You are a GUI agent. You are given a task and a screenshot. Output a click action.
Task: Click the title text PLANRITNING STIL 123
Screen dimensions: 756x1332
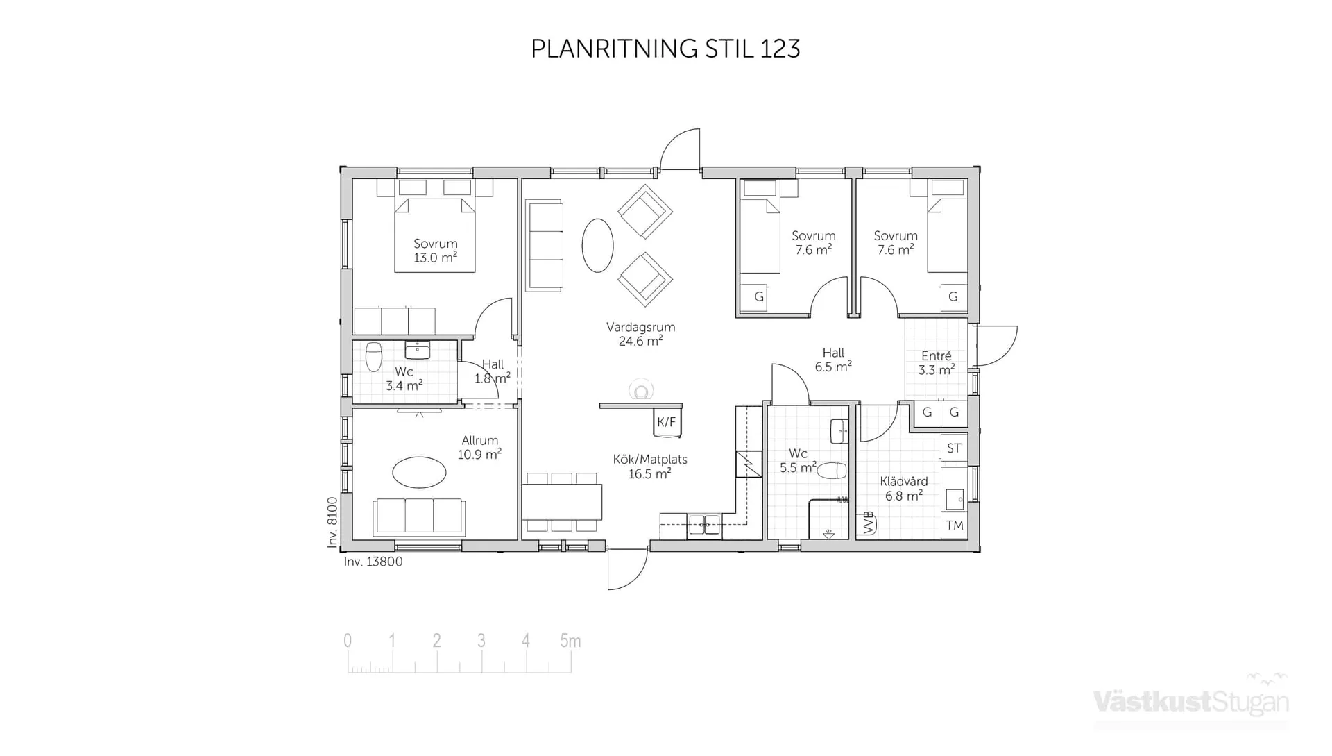[x=665, y=49]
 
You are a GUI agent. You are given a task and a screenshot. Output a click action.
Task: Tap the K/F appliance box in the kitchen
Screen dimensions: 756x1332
[x=667, y=422]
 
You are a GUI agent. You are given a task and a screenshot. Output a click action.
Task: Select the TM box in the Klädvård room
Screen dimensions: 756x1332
[x=954, y=526]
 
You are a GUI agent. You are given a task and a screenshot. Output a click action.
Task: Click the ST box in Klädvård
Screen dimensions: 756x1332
[x=954, y=448]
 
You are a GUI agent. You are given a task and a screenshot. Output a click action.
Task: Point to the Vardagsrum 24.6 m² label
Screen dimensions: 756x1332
[x=640, y=334]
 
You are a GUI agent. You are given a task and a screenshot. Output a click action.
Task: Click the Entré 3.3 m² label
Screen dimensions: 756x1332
[x=936, y=363]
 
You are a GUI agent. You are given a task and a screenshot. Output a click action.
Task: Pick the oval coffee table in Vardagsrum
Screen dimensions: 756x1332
[x=597, y=245]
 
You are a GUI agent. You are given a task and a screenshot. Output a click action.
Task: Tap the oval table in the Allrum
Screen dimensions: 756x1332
[x=419, y=473]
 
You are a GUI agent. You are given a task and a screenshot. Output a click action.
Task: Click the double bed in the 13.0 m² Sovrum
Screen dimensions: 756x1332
[x=435, y=235]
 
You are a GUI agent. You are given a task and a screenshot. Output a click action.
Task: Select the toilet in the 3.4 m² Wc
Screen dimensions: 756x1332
[x=374, y=357]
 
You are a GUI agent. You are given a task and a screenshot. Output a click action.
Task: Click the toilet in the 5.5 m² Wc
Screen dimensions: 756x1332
[x=831, y=471]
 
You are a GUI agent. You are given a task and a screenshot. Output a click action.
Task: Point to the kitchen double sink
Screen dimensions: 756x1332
[x=704, y=526]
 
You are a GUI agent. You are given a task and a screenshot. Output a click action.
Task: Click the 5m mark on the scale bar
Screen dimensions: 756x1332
[x=570, y=641]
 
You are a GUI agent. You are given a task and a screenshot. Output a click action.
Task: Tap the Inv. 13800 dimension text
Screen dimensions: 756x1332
[x=373, y=562]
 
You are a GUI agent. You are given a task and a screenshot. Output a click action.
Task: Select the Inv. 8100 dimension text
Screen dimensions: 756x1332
[x=332, y=522]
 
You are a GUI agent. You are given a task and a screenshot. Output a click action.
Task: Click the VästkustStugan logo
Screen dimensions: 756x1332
[x=1190, y=701]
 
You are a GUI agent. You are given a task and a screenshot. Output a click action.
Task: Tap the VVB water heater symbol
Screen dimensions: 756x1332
[x=867, y=523]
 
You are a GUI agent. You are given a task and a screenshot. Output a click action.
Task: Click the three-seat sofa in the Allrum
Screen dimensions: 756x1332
[x=419, y=516]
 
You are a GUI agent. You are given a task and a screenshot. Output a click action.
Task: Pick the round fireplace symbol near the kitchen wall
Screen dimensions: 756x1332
[x=641, y=392]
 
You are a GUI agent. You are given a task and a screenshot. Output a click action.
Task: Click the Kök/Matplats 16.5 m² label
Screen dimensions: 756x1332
[x=649, y=467]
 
